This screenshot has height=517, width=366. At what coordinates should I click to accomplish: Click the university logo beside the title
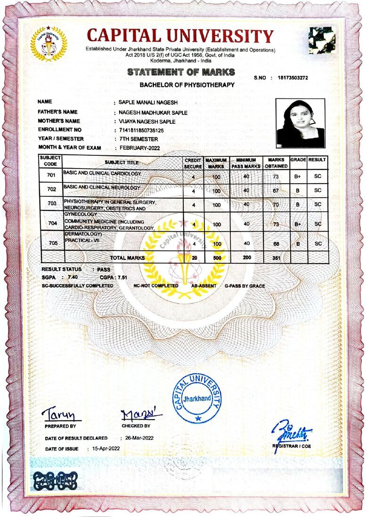point(49,44)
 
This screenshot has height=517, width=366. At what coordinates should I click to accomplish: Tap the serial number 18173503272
point(293,77)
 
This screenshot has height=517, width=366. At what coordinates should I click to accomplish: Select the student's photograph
point(300,123)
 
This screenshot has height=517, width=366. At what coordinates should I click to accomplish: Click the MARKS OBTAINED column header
point(276,163)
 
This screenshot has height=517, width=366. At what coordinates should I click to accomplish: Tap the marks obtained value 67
point(276,191)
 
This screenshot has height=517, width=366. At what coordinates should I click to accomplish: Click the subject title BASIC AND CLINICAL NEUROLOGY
point(102,187)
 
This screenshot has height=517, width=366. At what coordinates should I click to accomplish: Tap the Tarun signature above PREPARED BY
point(61,414)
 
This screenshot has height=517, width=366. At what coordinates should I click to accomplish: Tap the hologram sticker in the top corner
point(322,40)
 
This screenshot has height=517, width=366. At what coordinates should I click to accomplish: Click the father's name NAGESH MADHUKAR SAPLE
point(153,113)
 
